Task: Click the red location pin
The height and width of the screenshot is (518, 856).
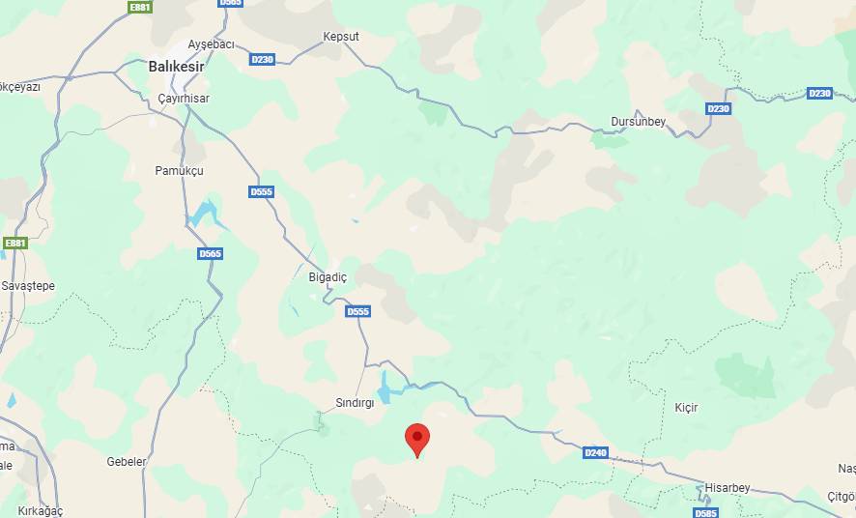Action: tap(416, 438)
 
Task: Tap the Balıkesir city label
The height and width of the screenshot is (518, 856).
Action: tap(177, 68)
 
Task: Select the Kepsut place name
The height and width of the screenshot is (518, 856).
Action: tap(340, 37)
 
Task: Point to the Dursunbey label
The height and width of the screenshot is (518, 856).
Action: tap(639, 121)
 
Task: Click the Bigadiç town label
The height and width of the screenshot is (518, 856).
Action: tap(327, 276)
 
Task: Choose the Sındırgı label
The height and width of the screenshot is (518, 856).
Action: tap(355, 402)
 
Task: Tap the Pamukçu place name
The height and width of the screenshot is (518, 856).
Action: tap(180, 171)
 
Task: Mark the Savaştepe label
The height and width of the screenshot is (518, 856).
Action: tap(28, 286)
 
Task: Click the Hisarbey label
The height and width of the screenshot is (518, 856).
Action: tap(728, 488)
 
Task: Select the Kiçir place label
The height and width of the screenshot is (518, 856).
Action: tap(686, 408)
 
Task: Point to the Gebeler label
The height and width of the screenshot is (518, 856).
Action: tap(127, 462)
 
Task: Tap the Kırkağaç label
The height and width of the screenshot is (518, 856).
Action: tap(40, 510)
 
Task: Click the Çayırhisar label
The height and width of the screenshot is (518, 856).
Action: tap(183, 99)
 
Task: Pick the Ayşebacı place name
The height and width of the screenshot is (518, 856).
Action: tap(211, 45)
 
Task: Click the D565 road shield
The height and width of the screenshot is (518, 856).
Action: tap(210, 253)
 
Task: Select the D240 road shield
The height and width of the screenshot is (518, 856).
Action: tap(596, 452)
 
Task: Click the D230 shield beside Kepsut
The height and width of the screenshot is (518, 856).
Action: tap(262, 59)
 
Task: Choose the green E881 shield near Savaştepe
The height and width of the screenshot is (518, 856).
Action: tap(14, 243)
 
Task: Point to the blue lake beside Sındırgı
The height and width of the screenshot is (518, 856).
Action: tap(387, 387)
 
